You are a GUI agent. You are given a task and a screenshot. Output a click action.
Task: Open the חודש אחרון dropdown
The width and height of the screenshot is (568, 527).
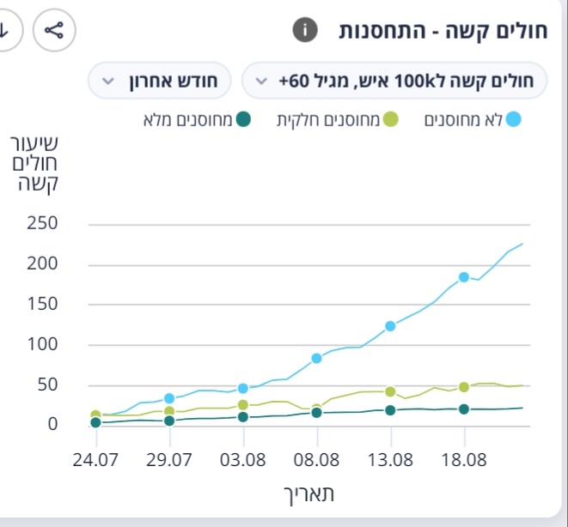click(x=160, y=82)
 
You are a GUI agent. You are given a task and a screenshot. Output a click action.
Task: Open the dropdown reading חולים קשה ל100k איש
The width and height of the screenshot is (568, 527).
click(x=395, y=82)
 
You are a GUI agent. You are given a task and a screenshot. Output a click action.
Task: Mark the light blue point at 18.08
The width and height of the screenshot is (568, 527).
click(x=464, y=277)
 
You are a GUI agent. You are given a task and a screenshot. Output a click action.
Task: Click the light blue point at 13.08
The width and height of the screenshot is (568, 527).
click(x=390, y=326)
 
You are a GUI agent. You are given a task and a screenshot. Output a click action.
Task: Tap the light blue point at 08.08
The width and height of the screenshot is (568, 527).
click(x=316, y=358)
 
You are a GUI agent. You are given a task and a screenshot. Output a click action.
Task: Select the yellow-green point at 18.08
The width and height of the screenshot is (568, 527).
click(x=464, y=387)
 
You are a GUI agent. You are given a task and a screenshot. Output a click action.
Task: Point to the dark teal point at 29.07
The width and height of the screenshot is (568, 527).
click(x=169, y=421)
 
